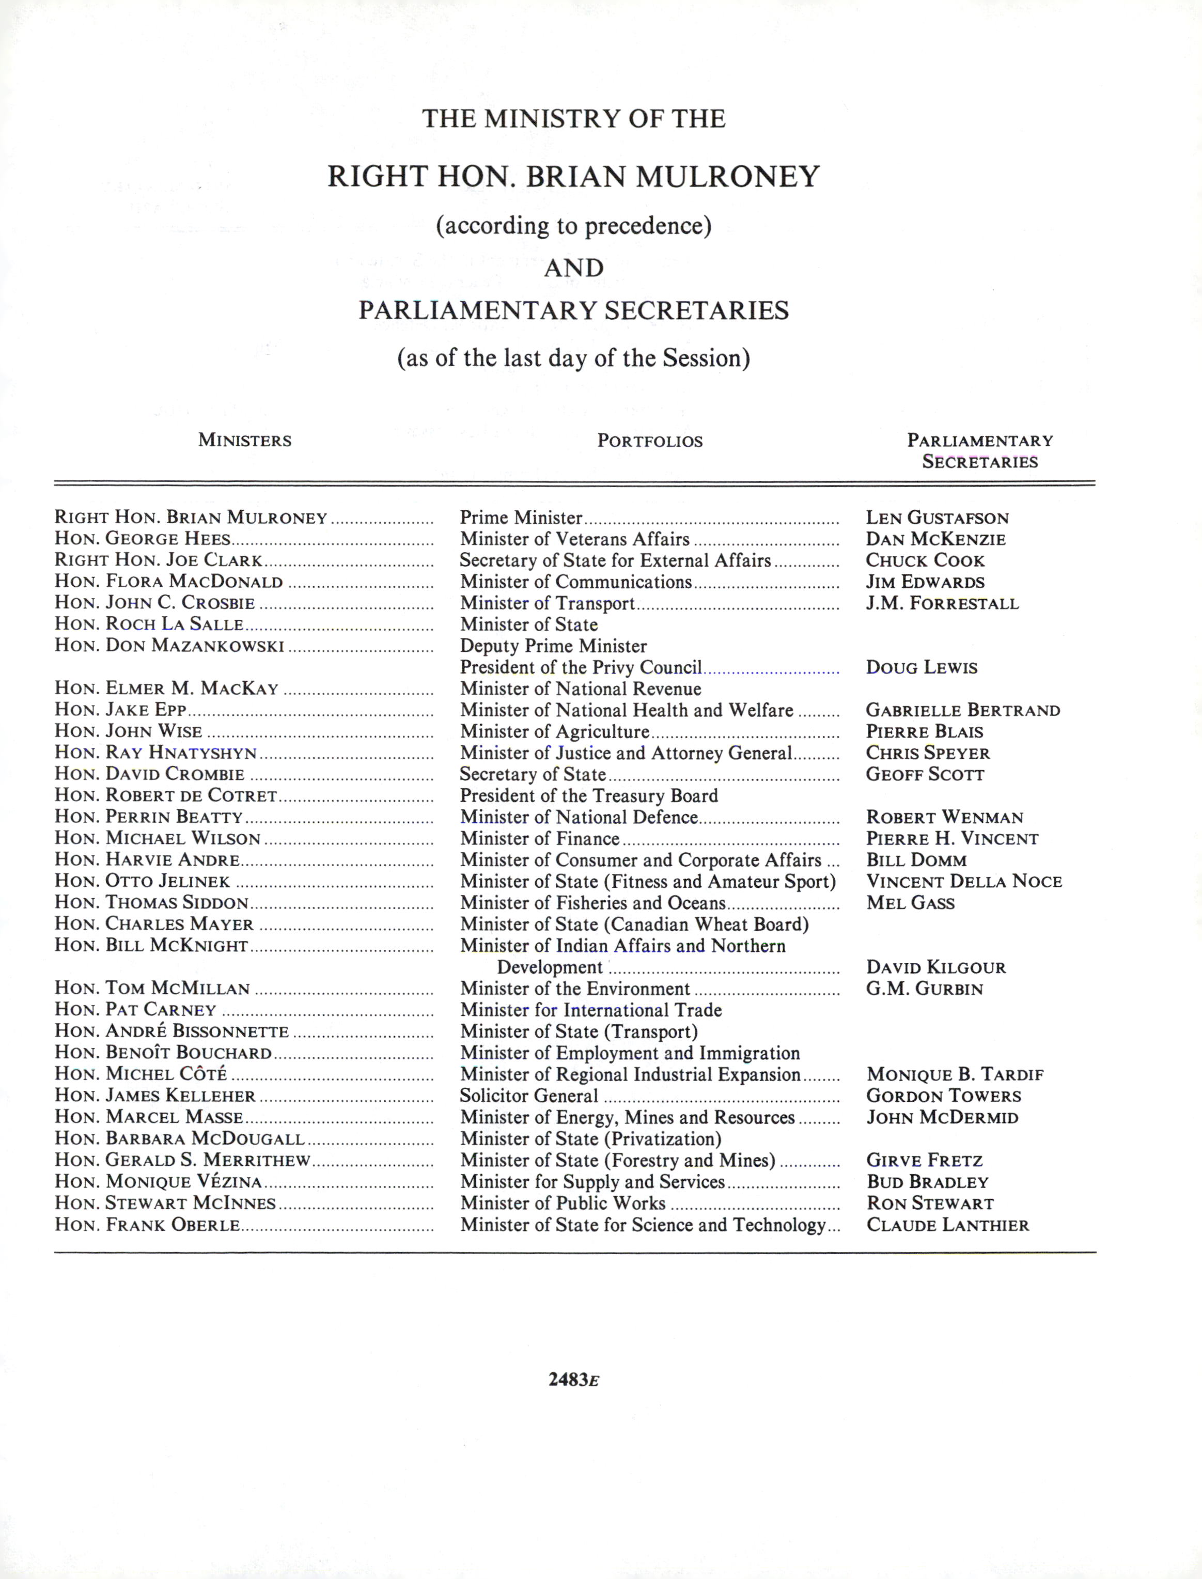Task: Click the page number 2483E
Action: click(x=573, y=1380)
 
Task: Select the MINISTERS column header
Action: click(x=245, y=440)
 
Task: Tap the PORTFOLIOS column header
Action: click(x=650, y=441)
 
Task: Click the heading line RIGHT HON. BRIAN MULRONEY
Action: click(x=573, y=176)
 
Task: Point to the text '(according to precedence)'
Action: click(x=573, y=226)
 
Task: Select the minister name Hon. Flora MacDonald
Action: click(x=169, y=582)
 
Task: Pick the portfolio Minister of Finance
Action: click(x=539, y=838)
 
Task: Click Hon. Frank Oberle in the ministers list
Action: click(x=147, y=1225)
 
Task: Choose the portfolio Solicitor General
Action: click(x=529, y=1096)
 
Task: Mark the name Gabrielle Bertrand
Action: click(x=962, y=710)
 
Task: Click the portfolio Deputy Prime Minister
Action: click(x=553, y=646)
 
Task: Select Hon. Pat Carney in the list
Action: click(x=135, y=1010)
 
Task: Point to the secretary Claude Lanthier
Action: click(x=947, y=1225)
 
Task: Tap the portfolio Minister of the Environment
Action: click(x=574, y=989)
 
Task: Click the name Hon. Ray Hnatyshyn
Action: click(x=155, y=753)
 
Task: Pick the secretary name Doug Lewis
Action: click(x=921, y=667)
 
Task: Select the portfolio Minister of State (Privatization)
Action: click(x=590, y=1139)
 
